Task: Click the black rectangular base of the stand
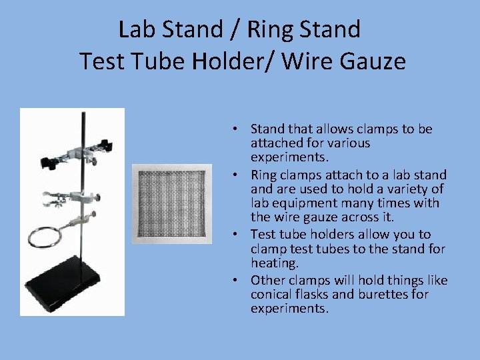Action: (x=64, y=287)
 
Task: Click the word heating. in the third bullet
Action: (x=275, y=263)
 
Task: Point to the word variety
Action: (x=410, y=189)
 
